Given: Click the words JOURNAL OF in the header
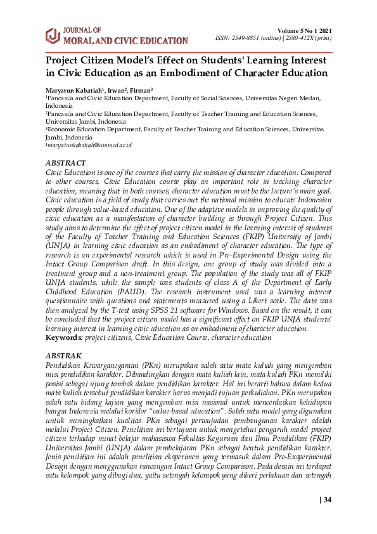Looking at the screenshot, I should pyautogui.click(x=82, y=30).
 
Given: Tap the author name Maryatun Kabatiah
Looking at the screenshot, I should pyautogui.click(x=71, y=91).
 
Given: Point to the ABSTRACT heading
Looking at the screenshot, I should pyautogui.click(x=67, y=163).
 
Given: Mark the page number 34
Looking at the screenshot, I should pyautogui.click(x=327, y=500).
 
